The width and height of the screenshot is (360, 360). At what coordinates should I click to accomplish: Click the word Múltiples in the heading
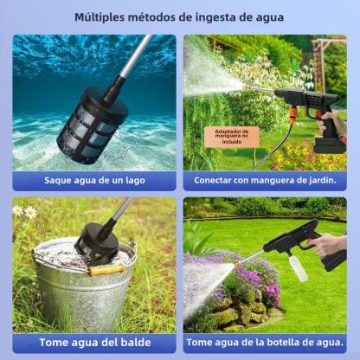click(100, 17)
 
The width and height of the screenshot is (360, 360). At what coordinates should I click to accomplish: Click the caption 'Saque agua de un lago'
click(94, 181)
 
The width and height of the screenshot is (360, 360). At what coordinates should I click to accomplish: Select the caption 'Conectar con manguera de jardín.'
click(265, 181)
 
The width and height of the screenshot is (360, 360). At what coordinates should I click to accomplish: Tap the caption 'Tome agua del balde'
click(95, 343)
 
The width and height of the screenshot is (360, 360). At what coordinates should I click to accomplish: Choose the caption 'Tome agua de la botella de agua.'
click(265, 343)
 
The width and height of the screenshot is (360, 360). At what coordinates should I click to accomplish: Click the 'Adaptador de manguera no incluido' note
click(232, 137)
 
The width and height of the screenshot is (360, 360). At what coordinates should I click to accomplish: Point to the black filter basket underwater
click(92, 125)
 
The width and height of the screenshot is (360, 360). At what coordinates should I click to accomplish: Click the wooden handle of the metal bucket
click(106, 269)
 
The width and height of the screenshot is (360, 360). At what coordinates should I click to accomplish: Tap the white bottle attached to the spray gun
click(298, 267)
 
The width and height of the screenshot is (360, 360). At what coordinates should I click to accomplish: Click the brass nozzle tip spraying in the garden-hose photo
click(246, 87)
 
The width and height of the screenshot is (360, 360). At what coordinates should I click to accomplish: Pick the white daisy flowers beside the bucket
click(25, 211)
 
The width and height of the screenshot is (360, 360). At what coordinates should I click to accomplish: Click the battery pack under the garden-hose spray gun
click(329, 145)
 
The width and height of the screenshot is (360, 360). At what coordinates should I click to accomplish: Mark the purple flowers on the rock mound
click(254, 277)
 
